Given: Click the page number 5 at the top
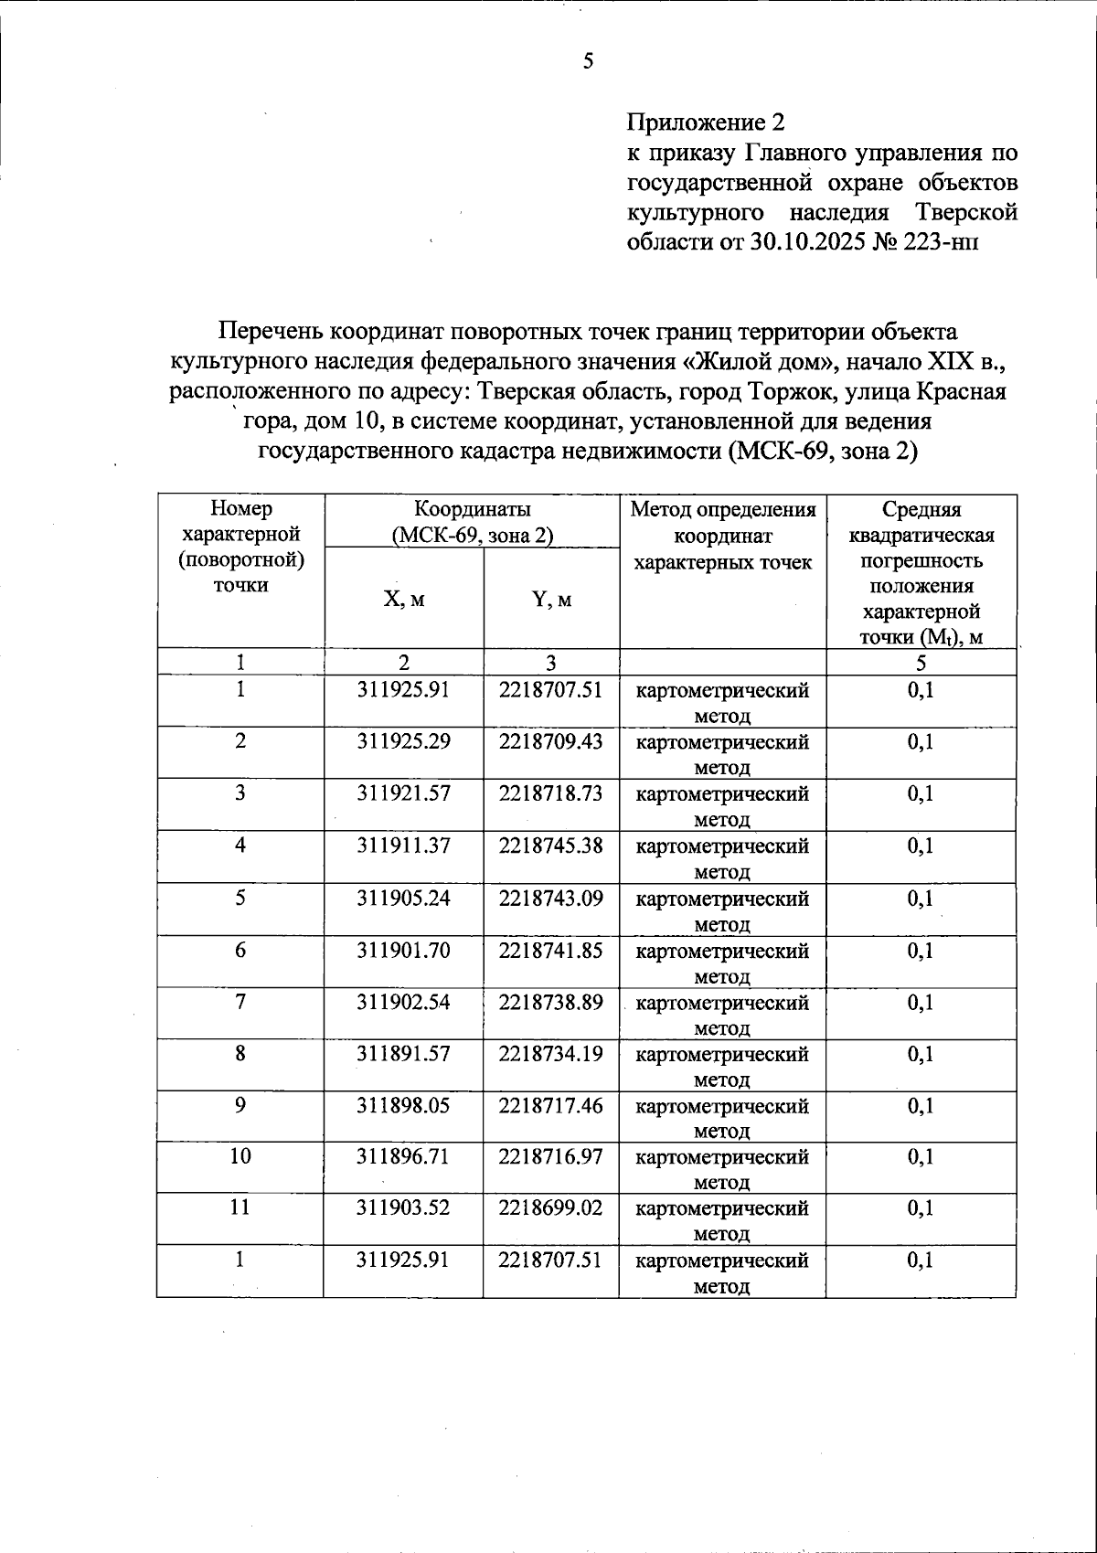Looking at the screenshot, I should pos(588,61).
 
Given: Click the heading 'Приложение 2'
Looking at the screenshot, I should pos(706,122).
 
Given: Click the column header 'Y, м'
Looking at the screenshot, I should pos(551,600).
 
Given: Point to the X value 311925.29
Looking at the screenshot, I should pos(403,741).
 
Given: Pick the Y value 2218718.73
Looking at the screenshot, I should pos(550,793).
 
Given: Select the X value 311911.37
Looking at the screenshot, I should pos(403,846).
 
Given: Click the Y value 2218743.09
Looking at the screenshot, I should pos(550,898).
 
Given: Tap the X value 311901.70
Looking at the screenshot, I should pos(403,951).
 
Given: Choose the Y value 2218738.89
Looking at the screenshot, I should pos(550,1003).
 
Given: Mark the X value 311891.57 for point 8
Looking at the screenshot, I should pos(403,1054).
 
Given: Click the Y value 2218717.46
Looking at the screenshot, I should pos(550,1106).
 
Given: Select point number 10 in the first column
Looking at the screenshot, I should pos(240,1157).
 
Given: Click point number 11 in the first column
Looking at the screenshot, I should pos(240,1208).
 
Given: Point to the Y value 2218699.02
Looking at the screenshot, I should pos(550,1208).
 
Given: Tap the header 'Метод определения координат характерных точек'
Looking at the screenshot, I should pos(723,536).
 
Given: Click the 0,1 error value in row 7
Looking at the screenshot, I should pos(921,1003).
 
